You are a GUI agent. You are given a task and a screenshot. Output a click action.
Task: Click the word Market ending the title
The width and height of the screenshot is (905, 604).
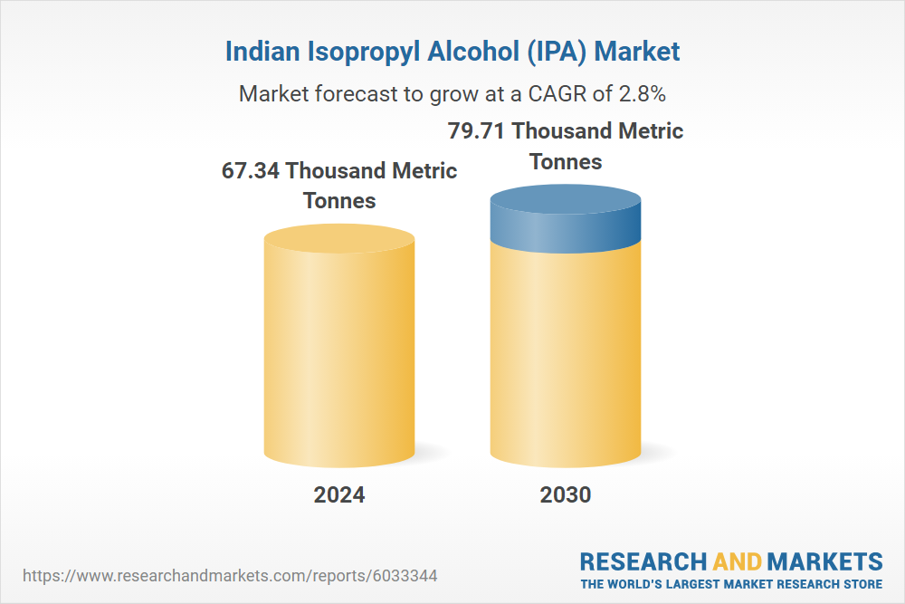tap(637, 52)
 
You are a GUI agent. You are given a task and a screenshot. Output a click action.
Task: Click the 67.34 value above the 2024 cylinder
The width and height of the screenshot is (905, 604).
tap(251, 170)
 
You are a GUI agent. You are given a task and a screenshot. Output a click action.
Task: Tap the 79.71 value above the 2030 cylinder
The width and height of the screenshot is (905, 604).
tap(477, 130)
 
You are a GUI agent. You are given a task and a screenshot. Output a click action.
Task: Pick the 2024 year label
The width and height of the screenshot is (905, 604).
tap(339, 494)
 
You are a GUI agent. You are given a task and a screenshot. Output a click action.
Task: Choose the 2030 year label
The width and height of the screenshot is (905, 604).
tap(566, 494)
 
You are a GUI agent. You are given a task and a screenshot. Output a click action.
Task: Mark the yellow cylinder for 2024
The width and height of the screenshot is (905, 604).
tap(339, 353)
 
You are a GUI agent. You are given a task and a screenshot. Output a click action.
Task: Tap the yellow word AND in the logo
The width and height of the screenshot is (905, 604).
tap(738, 561)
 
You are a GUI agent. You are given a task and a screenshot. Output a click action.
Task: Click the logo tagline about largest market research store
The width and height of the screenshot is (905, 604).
tap(731, 584)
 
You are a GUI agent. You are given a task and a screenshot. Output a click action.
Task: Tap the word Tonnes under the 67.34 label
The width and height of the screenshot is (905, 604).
tap(339, 200)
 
